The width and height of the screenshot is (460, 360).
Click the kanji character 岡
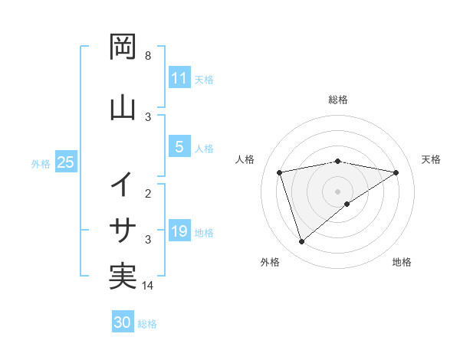[x=123, y=47]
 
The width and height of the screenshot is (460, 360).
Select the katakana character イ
[x=123, y=185]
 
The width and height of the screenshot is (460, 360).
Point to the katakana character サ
[x=123, y=229]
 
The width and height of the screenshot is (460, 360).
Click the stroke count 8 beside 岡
[x=148, y=56]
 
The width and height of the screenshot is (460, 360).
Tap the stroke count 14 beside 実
[x=149, y=286]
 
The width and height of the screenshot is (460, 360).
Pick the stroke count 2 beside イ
[x=148, y=194]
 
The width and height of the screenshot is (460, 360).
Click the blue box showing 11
[x=179, y=78]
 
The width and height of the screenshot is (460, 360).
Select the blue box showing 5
[x=179, y=147]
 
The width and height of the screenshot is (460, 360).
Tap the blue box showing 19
[x=179, y=231]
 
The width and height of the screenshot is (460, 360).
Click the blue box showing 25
[x=65, y=162]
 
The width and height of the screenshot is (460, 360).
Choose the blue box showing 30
[x=123, y=322]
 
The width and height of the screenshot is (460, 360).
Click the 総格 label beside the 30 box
[x=147, y=324]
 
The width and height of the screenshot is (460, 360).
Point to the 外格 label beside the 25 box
[x=41, y=163]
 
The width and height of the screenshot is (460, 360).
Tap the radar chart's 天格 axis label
[x=431, y=159]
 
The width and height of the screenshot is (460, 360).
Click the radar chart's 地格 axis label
[x=402, y=262]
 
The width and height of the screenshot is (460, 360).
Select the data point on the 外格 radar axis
[x=301, y=242]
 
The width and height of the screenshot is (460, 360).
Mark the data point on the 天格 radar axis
[x=396, y=172]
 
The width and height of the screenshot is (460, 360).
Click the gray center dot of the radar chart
[x=338, y=191]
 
